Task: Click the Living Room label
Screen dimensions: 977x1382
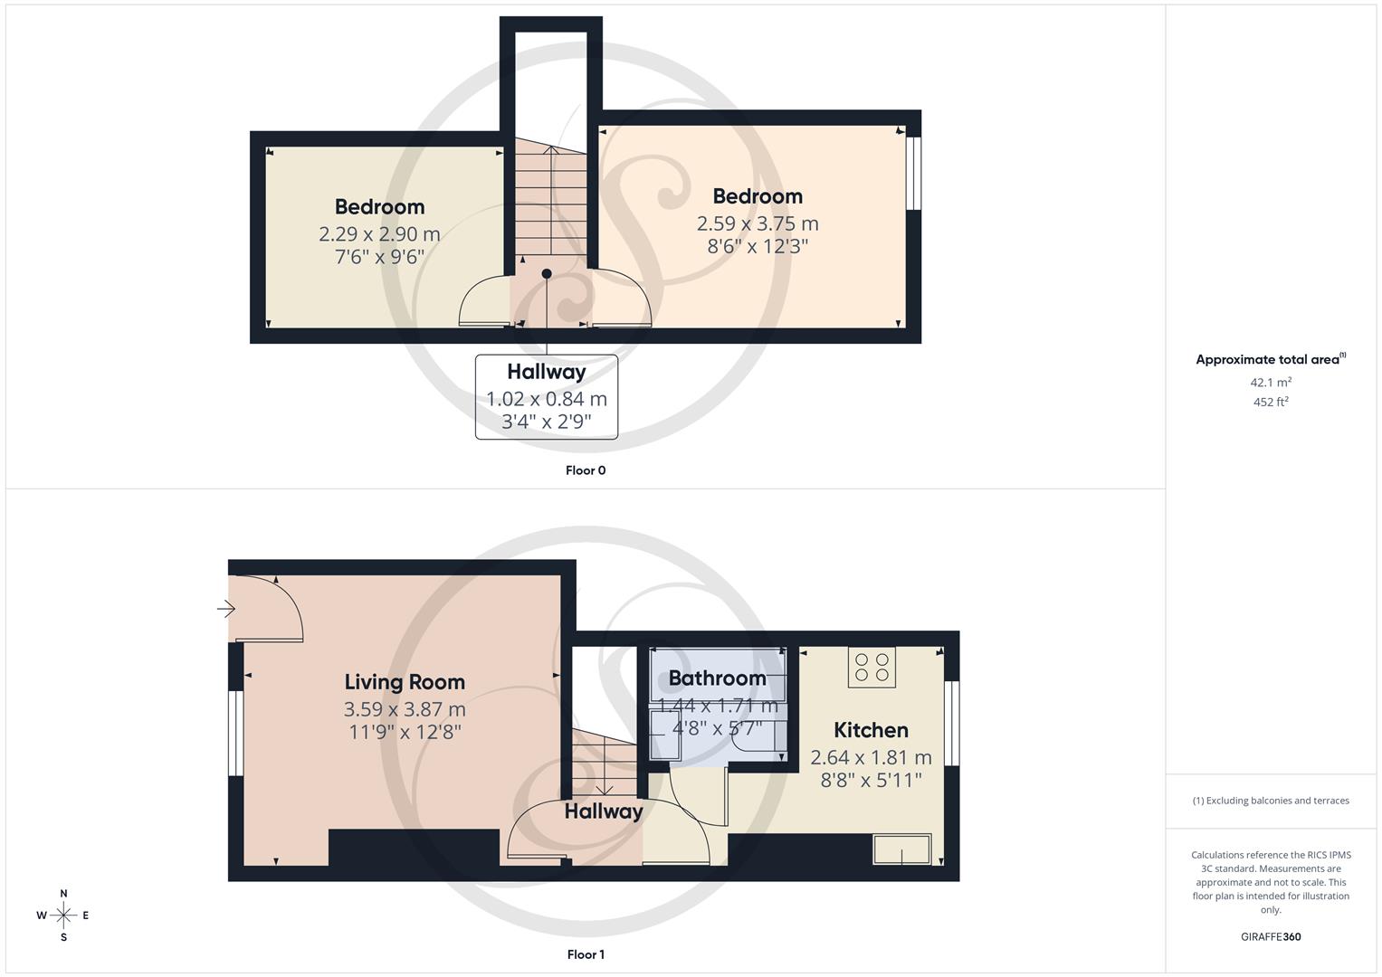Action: click(405, 682)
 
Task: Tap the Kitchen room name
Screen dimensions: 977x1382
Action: click(871, 730)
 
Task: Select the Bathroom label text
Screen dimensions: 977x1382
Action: click(717, 678)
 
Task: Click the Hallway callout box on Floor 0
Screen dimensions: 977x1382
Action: click(547, 397)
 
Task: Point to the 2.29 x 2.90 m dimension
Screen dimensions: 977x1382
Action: click(379, 234)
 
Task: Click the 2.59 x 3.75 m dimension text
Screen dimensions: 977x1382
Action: click(758, 223)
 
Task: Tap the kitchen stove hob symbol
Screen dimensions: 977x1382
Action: click(872, 668)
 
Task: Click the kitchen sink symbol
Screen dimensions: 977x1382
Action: click(901, 849)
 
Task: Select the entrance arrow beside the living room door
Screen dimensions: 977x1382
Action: click(225, 610)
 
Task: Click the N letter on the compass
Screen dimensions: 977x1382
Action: click(63, 894)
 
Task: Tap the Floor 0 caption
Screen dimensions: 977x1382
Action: click(586, 470)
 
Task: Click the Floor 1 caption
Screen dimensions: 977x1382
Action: click(586, 954)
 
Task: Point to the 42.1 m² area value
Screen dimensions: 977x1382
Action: click(1271, 383)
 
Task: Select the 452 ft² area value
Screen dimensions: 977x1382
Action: click(1271, 403)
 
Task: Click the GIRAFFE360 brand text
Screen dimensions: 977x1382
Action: click(1271, 937)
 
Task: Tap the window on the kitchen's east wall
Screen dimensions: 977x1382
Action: click(951, 723)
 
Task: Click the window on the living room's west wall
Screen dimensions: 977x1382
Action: click(235, 733)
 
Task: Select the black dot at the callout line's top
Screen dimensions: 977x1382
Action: click(547, 274)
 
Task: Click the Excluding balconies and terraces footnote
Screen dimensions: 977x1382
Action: click(1271, 801)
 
